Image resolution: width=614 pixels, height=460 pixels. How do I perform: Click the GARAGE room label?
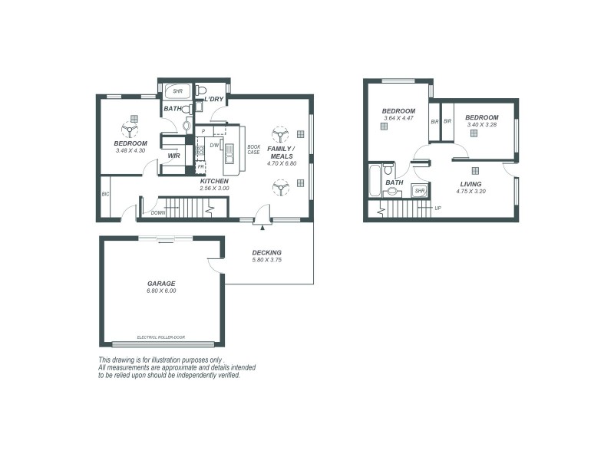[162, 283]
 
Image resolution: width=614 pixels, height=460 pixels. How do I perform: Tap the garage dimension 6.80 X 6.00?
[162, 291]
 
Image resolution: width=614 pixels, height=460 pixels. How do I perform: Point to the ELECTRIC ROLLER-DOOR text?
[161, 337]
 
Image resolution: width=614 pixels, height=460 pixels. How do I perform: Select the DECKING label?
[267, 252]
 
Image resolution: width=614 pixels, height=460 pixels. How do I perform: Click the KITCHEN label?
[214, 181]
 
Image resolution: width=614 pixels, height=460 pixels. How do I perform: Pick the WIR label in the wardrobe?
[174, 156]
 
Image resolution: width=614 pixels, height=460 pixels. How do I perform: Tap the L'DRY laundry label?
[214, 100]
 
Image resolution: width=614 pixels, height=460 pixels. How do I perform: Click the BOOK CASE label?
[253, 149]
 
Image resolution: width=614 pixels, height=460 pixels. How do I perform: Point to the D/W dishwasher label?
[215, 145]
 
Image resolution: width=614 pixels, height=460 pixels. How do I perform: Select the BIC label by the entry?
[105, 194]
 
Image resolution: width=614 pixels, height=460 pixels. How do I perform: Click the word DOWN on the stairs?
[158, 212]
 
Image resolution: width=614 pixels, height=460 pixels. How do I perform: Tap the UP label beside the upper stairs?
[438, 208]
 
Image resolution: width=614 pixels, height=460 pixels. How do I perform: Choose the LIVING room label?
[470, 184]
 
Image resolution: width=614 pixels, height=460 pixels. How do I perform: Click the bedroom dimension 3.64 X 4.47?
[398, 118]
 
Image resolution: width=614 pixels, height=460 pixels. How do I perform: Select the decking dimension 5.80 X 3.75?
[267, 260]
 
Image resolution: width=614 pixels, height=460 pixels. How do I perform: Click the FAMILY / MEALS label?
[281, 153]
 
